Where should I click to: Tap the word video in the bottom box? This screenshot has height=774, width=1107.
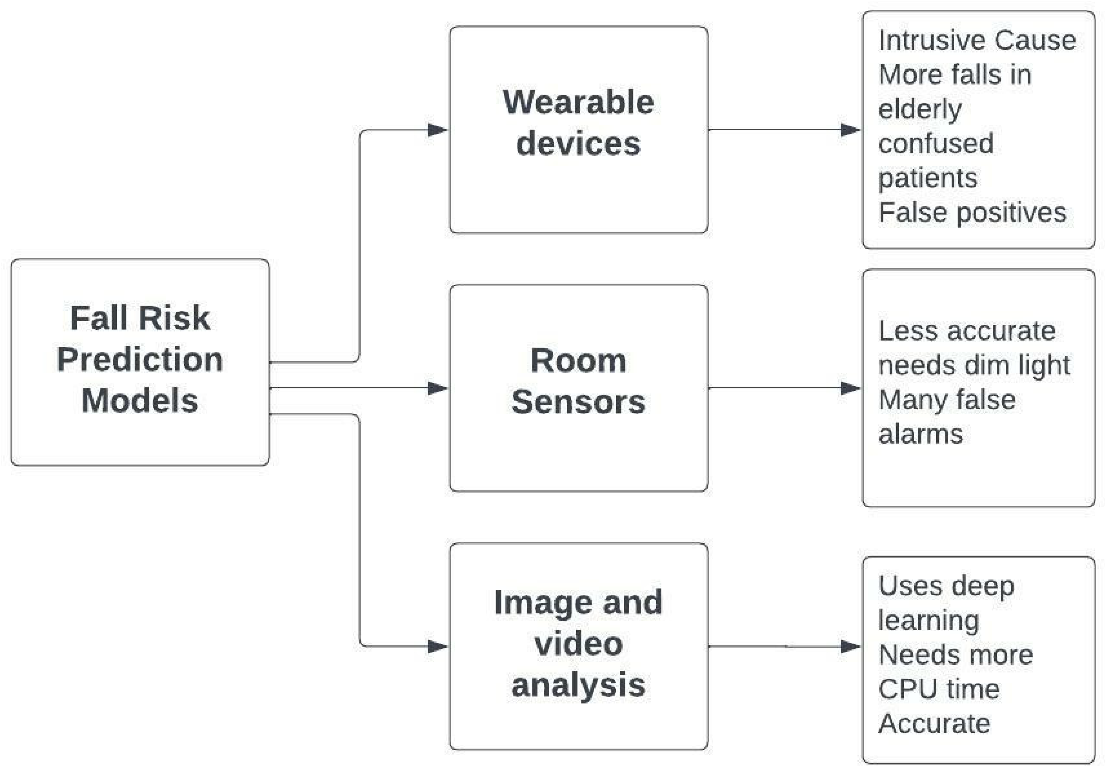pyautogui.click(x=578, y=644)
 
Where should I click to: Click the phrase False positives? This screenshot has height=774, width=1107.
pyautogui.click(x=972, y=212)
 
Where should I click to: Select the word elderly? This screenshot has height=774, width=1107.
pyautogui.click(x=919, y=109)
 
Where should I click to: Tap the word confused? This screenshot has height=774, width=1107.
pyautogui.click(x=935, y=143)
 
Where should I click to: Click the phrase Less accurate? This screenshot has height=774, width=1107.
pyautogui.click(x=967, y=331)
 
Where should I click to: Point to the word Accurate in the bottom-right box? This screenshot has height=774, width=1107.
pyautogui.click(x=934, y=723)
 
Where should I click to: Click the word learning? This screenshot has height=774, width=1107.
pyautogui.click(x=928, y=621)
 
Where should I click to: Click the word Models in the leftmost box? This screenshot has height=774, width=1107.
pyautogui.click(x=140, y=401)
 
